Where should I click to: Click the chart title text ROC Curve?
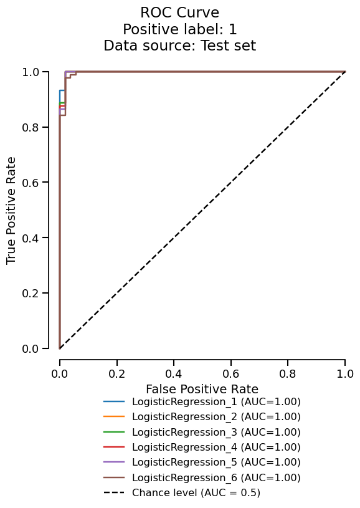179,12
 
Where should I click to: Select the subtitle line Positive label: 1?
179,29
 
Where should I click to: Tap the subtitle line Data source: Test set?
179,46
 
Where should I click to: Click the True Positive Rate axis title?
12,210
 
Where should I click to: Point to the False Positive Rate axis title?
202,389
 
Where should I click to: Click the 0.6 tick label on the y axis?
31,183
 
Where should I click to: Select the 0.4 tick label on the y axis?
31,238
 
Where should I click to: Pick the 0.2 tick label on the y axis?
31,293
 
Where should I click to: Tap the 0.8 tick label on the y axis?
31,127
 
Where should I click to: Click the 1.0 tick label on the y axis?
31,72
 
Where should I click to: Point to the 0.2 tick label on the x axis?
116,373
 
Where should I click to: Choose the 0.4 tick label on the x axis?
174,373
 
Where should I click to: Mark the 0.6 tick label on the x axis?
230,373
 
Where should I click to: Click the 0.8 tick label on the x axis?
288,373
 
